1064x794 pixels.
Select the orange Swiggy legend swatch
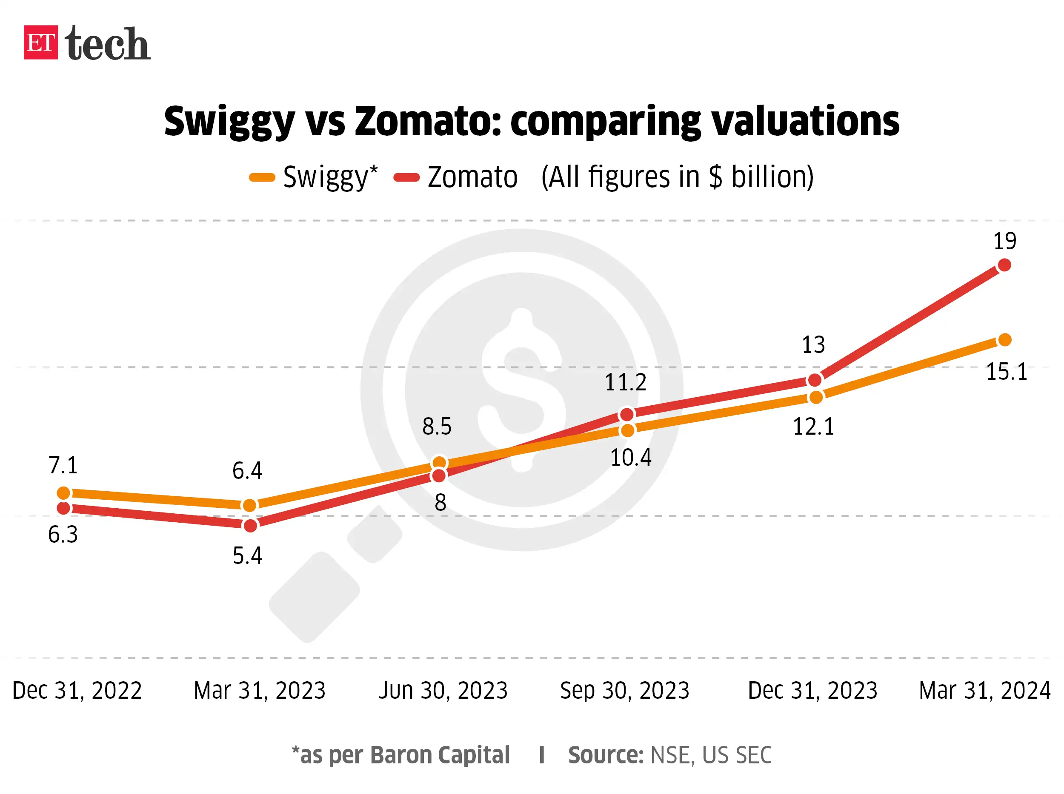(262, 178)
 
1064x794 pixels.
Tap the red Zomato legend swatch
(406, 178)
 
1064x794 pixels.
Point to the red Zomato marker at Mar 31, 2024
(1004, 265)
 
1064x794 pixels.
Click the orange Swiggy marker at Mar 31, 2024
(1005, 340)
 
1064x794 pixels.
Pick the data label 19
(1005, 241)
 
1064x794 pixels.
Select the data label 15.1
(1006, 372)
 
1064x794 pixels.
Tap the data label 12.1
(813, 426)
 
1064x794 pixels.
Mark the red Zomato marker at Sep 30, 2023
(627, 414)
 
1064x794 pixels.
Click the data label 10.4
(631, 457)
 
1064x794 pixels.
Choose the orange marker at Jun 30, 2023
(439, 463)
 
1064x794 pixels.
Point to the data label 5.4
(247, 555)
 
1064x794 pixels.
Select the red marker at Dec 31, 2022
(63, 508)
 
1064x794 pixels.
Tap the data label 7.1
(63, 465)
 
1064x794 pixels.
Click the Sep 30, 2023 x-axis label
(624, 690)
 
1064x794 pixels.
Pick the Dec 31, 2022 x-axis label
(77, 690)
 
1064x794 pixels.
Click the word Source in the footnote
(605, 754)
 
